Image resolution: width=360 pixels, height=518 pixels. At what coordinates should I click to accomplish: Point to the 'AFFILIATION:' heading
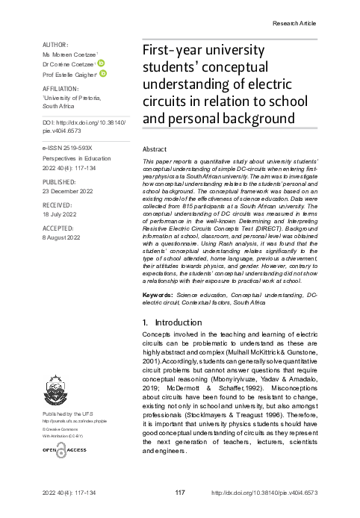tap(62, 88)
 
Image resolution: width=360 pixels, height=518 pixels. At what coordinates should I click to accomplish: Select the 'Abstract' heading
tap(154, 149)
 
